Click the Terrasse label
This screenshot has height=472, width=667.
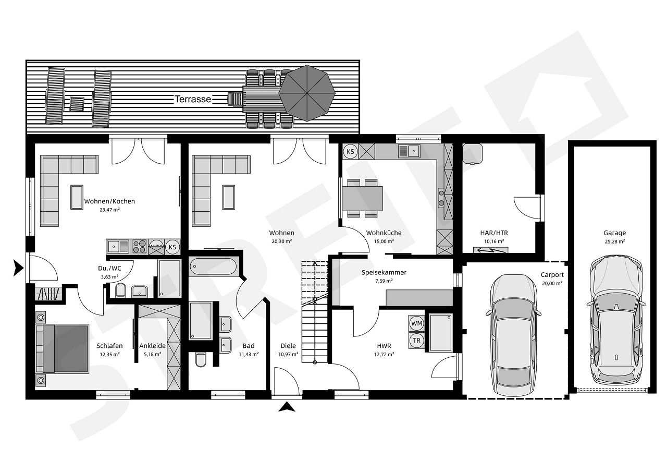(193, 99)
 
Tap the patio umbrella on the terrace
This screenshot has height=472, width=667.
(307, 93)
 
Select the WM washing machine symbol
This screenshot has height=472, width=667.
(416, 323)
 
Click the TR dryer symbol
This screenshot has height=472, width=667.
(416, 340)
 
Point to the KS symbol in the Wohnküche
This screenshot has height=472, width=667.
(351, 152)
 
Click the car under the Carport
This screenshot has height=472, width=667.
(514, 335)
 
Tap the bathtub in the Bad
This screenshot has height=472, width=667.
(213, 266)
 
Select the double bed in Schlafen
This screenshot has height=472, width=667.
(62, 348)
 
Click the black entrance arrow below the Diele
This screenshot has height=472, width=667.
(287, 407)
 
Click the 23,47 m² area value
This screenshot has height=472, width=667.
(109, 210)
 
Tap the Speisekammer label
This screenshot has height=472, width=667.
(384, 272)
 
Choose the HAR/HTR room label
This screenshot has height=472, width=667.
(494, 233)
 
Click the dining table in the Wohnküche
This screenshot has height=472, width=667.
(362, 198)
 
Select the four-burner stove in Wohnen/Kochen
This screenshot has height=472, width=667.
(139, 247)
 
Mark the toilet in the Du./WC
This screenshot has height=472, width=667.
(120, 290)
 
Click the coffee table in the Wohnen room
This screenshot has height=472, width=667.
(229, 197)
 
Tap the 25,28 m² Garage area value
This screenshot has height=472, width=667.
(614, 241)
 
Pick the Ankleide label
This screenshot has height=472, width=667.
(153, 346)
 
